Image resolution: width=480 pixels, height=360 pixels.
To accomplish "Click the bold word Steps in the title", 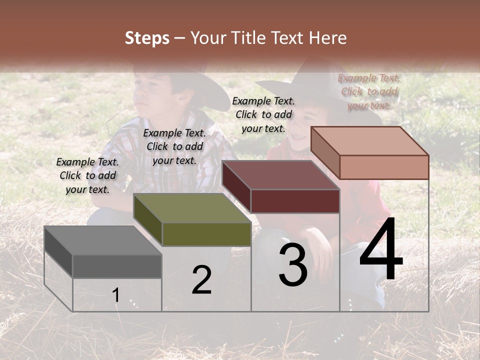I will coord(147,38).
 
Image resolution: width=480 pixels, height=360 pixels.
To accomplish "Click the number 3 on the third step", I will coord(293,264).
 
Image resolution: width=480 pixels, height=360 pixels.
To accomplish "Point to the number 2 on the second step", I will coord(201,280).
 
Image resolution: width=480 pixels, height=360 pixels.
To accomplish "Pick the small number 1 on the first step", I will coord(116,295).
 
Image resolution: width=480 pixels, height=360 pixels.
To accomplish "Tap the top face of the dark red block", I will coord(280,175).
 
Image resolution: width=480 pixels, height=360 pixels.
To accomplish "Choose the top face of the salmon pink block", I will coord(370,141).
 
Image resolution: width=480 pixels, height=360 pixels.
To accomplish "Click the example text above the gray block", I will coord(87,175).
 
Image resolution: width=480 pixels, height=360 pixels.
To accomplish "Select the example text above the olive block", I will coord(174,146).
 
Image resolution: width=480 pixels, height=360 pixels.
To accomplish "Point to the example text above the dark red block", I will coord(263,114).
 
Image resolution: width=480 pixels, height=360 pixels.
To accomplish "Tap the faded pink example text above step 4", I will coord(369,91).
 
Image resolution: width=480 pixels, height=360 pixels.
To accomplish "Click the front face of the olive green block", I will coord(206,234).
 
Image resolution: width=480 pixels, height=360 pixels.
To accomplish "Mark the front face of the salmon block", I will coord(384,167).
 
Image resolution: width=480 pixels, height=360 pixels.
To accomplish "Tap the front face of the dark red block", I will coord(295,201).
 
